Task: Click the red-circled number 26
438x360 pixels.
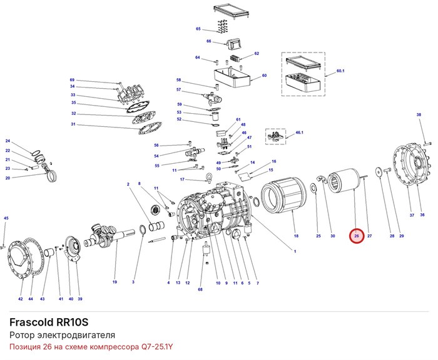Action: click(x=357, y=236)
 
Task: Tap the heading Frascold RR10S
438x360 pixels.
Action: click(x=49, y=322)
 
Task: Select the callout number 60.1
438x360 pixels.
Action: click(x=340, y=71)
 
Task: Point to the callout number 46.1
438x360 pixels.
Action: click(x=299, y=132)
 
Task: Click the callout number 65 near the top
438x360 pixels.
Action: click(x=198, y=29)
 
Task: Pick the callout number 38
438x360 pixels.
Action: click(x=419, y=114)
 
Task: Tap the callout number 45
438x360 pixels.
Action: click(x=6, y=218)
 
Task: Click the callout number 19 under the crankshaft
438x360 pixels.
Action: click(x=115, y=282)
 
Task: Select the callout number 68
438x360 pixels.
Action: click(x=200, y=289)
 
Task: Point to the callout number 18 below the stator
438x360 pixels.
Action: click(x=296, y=236)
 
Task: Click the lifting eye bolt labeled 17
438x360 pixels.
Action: click(x=208, y=177)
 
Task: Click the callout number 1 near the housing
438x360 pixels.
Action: click(x=295, y=251)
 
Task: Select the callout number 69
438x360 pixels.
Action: click(x=72, y=80)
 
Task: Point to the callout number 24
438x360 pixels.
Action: click(x=8, y=141)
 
